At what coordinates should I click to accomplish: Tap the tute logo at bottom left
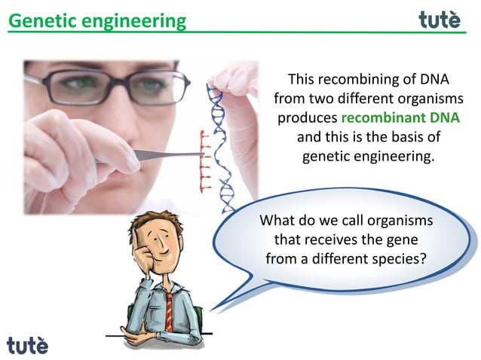pyautogui.click(x=27, y=345)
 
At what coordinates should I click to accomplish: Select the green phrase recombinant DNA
pyautogui.click(x=400, y=118)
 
